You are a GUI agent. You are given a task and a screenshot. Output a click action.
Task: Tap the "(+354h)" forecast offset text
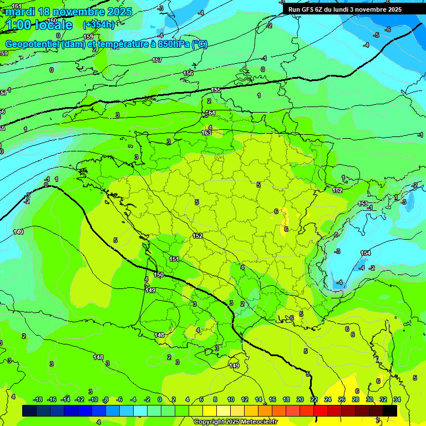pos(99,25)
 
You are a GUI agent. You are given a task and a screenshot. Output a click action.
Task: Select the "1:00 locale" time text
pos(39,25)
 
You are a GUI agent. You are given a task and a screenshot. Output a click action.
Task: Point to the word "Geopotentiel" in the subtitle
pos(33,44)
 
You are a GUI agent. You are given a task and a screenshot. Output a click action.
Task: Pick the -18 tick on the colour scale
pos(38,399)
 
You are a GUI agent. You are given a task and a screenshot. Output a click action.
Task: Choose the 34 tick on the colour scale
pos(397,399)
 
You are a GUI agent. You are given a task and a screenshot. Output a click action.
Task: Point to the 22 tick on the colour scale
pos(314,399)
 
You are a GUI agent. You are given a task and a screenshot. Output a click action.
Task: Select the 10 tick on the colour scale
pos(230,399)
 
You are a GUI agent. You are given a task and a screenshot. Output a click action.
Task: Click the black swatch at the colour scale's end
pos(390,410)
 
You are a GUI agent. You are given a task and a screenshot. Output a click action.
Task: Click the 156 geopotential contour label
pos(189,73)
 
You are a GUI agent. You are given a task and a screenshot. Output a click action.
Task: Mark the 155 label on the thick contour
pos(216,90)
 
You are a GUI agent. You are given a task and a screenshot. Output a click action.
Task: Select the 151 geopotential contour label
pos(174,259)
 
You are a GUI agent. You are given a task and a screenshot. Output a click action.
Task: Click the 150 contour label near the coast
pos(159,275)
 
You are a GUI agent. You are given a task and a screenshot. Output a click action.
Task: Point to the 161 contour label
pos(17,6)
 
